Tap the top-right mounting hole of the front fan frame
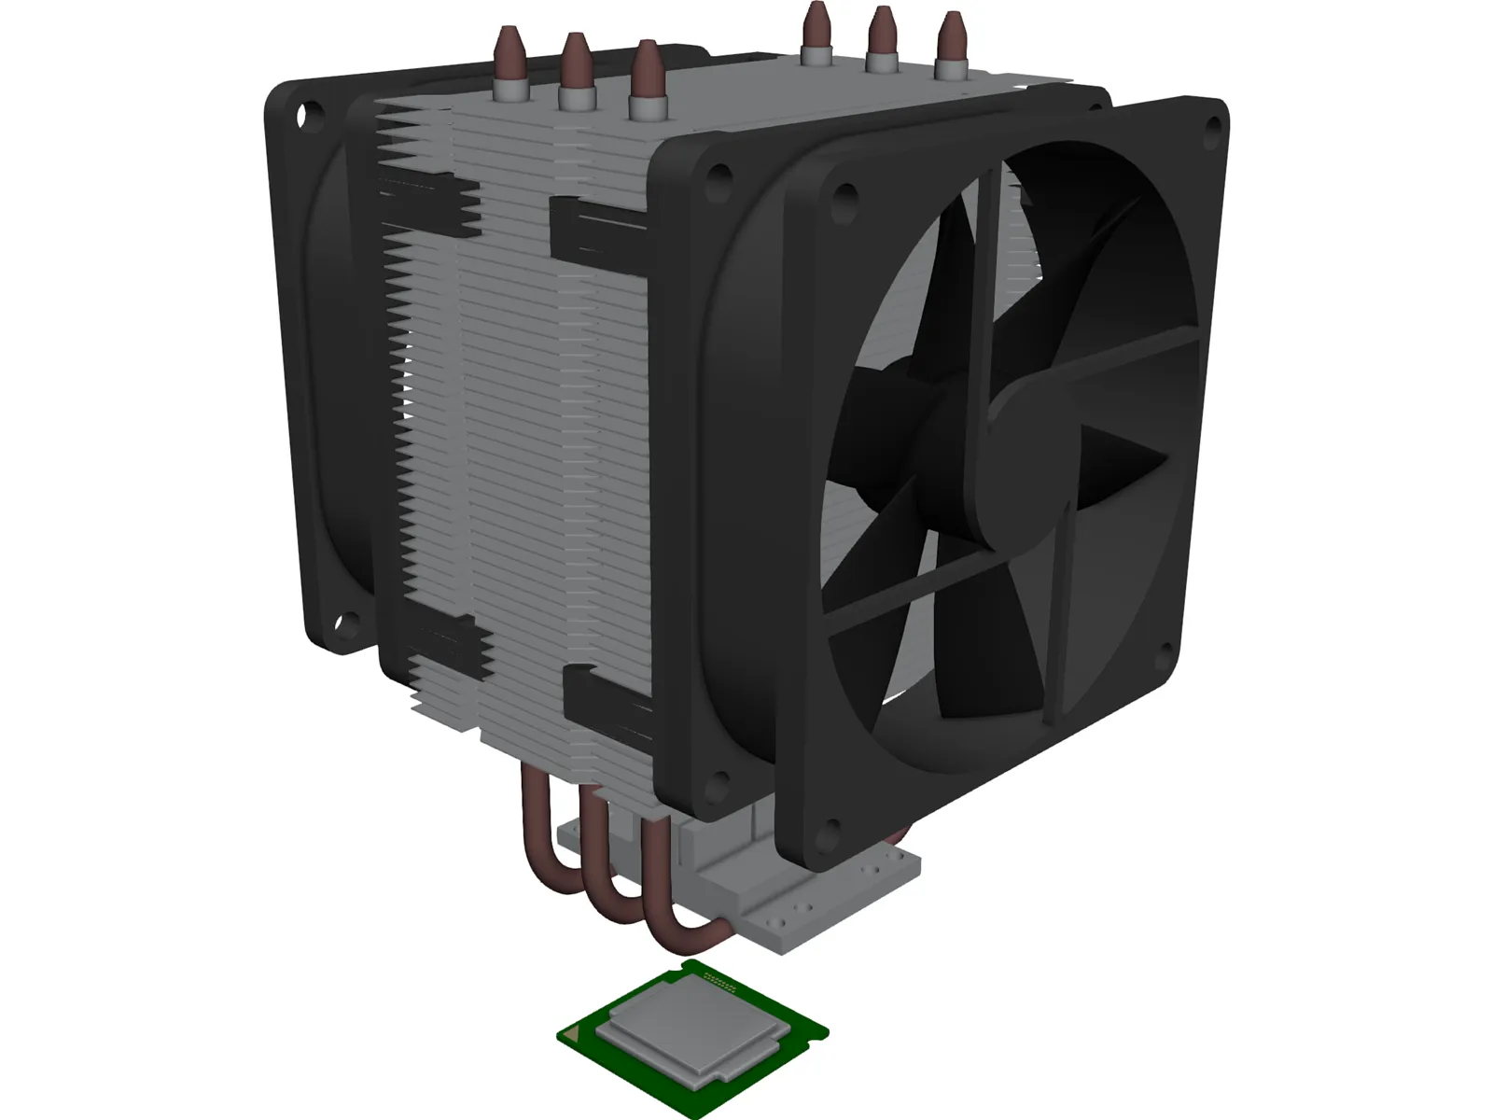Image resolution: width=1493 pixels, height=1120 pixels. pos(1214,123)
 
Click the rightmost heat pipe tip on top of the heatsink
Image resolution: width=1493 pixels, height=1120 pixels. pos(950,43)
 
